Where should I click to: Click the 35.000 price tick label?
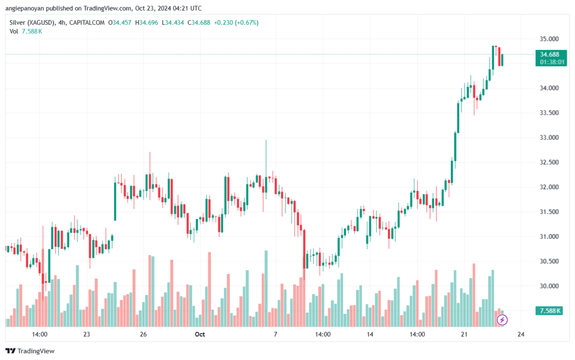click(546, 39)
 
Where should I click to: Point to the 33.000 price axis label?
click(546, 138)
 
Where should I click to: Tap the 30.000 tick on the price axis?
click(546, 286)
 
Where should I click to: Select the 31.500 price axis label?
click(546, 212)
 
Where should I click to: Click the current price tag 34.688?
click(550, 54)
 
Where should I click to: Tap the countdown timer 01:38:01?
click(550, 62)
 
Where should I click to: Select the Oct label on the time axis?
click(199, 334)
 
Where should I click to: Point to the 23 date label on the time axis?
click(86, 334)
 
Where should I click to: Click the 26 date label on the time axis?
click(143, 334)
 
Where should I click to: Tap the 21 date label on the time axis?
click(464, 334)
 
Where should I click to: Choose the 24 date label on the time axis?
click(521, 334)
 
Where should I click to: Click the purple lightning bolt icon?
click(503, 320)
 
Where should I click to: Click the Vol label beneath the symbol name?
click(14, 31)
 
